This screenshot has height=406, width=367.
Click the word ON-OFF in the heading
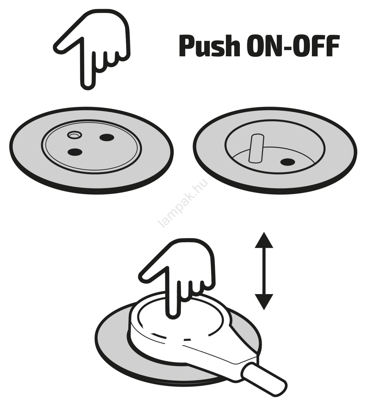click(x=293, y=46)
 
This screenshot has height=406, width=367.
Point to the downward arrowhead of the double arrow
click(x=264, y=302)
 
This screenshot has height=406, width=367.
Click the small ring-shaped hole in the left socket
click(x=74, y=135)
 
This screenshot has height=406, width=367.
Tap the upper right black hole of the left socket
click(x=107, y=138)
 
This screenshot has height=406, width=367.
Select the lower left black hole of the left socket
click(x=75, y=152)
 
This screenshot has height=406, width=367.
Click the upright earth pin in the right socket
click(x=257, y=148)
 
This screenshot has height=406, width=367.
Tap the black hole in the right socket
click(x=288, y=162)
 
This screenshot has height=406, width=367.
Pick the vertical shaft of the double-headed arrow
click(x=264, y=271)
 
